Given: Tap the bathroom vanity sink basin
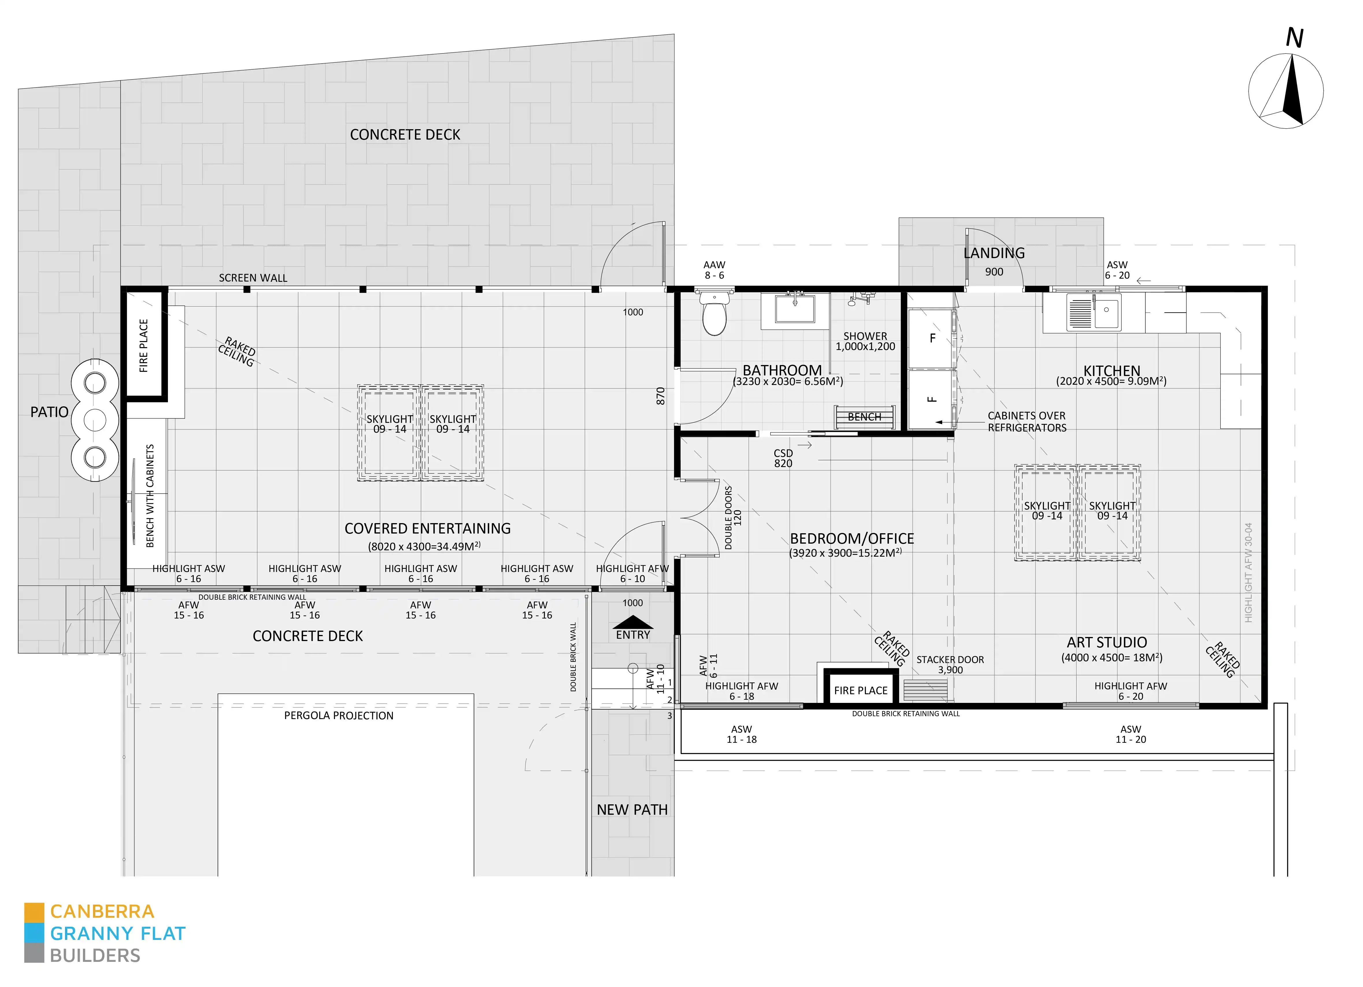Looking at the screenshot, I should click(x=795, y=309).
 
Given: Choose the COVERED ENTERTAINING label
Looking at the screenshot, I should click(x=427, y=528).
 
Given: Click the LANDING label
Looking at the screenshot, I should click(x=994, y=253).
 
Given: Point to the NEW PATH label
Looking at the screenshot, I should click(x=632, y=810).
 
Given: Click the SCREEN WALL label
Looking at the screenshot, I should click(x=253, y=278).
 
